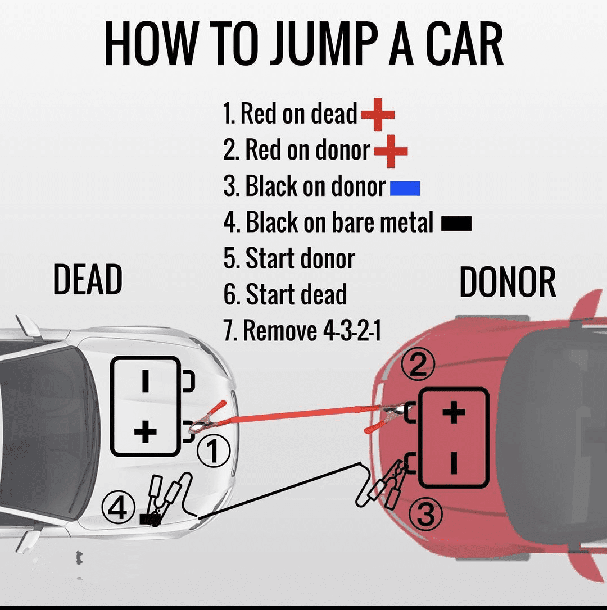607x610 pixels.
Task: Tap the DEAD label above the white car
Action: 88,280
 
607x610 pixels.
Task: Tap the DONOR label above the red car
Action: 508,282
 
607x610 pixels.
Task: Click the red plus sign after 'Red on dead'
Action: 378,115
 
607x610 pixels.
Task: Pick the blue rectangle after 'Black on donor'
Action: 405,188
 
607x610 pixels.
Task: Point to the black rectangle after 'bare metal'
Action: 456,224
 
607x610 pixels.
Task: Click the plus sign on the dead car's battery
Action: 146,432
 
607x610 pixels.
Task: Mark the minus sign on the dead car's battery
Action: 146,381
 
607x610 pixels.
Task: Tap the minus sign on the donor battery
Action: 454,463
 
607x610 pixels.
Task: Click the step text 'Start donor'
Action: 289,259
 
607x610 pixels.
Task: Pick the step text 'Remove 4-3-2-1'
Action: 302,331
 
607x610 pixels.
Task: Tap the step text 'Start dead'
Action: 285,295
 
